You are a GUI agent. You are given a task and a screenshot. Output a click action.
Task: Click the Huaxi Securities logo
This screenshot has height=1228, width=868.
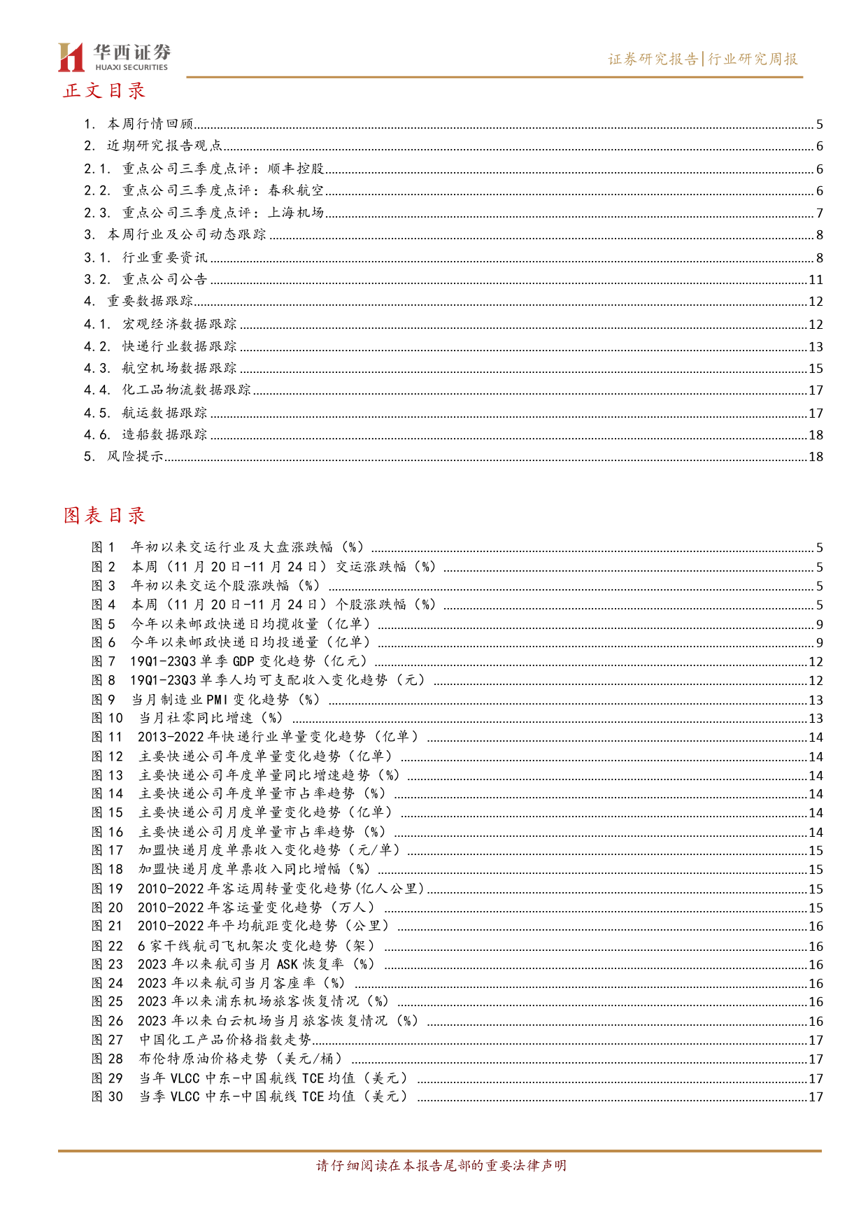point(113,57)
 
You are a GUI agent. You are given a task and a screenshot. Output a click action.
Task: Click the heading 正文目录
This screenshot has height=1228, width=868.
point(104,91)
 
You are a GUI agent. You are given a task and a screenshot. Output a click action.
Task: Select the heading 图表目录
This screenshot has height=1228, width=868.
point(104,516)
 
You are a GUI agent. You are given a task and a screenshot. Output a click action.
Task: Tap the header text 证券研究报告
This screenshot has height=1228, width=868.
point(653,59)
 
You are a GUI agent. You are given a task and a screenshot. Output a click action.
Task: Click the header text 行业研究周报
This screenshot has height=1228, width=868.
point(753,59)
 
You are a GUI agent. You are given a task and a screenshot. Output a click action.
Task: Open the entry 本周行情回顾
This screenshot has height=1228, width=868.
point(150,125)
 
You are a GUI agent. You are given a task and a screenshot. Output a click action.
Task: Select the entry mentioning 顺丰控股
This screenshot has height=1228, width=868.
point(223,169)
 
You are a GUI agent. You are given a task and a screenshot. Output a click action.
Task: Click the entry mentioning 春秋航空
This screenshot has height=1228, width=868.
point(223,190)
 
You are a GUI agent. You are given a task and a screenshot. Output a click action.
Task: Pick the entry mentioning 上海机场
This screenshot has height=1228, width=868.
point(223,213)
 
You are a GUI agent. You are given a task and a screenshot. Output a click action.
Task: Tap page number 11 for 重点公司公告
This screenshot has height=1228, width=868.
point(816,280)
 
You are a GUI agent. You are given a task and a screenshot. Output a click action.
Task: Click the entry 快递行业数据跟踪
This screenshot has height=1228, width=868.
point(179,346)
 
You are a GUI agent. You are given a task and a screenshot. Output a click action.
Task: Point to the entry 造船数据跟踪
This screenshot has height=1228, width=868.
point(164,435)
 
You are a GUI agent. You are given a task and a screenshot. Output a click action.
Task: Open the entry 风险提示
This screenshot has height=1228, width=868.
point(135,456)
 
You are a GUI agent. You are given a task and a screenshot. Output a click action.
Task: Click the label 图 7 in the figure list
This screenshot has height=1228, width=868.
point(104,661)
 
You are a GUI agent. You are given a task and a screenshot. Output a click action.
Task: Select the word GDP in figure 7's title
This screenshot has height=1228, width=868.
point(243,661)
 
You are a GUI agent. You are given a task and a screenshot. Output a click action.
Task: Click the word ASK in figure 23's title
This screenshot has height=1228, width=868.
point(287,964)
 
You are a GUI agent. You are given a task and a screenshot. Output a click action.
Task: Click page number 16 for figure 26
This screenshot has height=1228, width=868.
point(816,1022)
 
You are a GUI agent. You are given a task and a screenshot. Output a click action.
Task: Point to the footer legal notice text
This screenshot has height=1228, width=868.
point(441,1166)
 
